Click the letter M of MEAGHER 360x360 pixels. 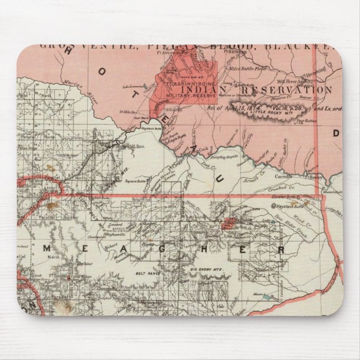coord(48,247)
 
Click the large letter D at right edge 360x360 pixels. coord(337,133)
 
